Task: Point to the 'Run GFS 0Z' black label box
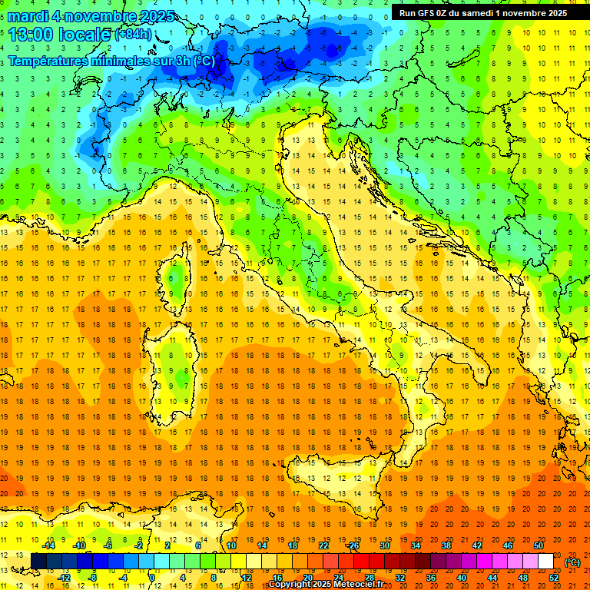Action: click(482, 12)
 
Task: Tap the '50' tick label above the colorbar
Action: click(538, 545)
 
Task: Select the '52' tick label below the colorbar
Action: click(553, 578)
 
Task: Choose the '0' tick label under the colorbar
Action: click(152, 578)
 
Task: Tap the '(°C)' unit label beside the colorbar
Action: click(572, 562)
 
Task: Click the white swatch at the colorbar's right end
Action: click(545, 562)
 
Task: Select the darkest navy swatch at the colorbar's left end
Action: click(38, 562)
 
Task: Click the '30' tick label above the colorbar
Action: click(385, 545)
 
